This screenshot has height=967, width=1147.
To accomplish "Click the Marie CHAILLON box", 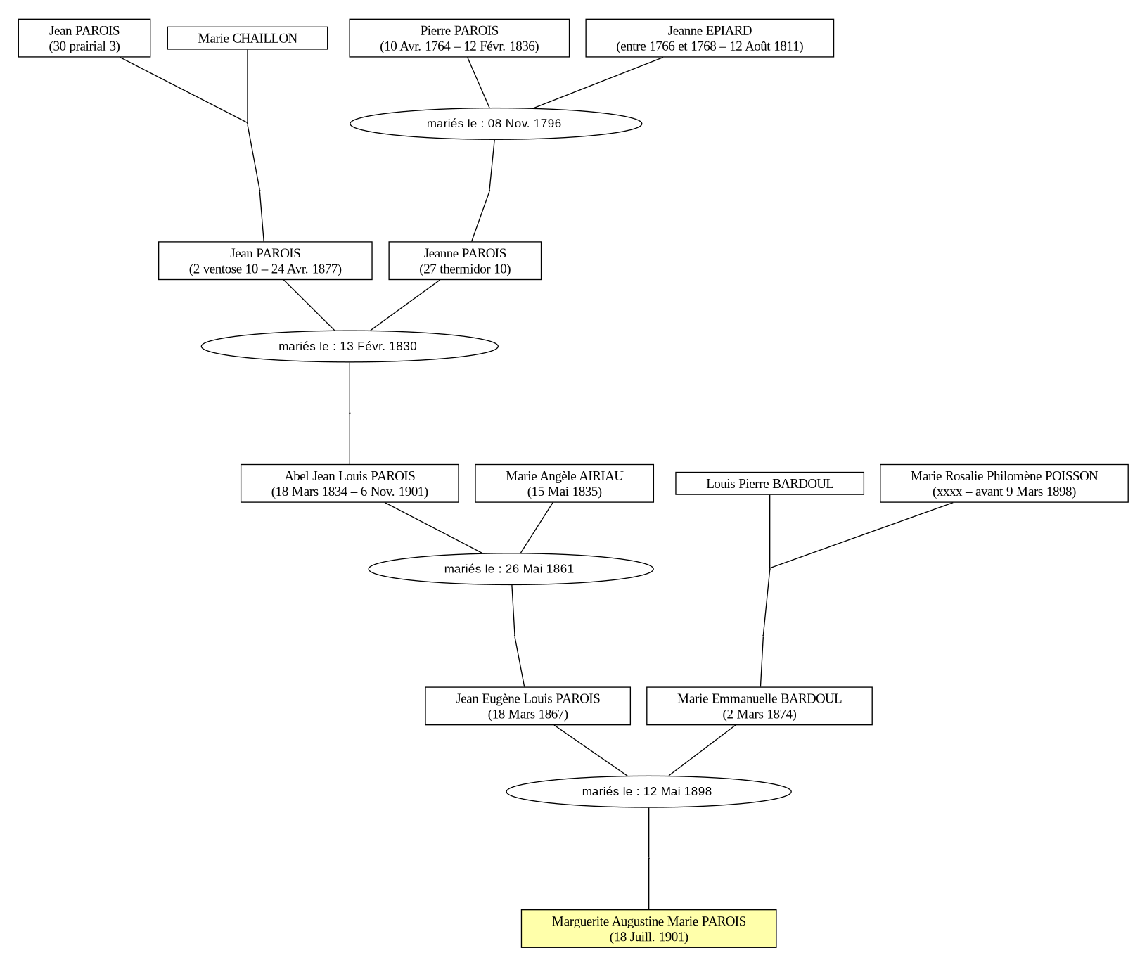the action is (248, 38).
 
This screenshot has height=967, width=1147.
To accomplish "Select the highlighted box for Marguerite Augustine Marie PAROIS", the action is (648, 928).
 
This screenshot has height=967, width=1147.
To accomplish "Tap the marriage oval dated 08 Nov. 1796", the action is (496, 124).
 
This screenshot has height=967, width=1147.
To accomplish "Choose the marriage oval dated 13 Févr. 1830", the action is (350, 346).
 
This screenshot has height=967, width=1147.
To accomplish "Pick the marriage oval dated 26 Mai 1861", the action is (511, 569).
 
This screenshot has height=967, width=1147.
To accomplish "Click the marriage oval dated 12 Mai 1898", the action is (648, 791).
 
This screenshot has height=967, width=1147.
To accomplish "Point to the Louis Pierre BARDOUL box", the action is (769, 483).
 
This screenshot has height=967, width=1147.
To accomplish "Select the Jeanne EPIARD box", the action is (710, 38).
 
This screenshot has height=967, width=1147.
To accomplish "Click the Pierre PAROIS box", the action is (459, 38).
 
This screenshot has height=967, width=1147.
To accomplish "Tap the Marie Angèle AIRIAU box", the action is (564, 483).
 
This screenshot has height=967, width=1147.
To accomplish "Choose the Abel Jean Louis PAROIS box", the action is (350, 483).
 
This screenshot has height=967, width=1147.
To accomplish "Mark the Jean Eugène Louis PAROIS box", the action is (527, 706).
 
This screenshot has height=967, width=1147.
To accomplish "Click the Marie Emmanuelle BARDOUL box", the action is (760, 706).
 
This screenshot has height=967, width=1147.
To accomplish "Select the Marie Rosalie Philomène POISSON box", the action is (1004, 483).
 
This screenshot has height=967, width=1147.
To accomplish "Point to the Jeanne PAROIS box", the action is (465, 261).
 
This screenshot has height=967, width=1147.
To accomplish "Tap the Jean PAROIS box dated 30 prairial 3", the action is (84, 38).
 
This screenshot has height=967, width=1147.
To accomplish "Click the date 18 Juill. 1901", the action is (649, 937).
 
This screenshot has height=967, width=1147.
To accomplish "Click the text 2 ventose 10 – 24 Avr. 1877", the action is (265, 269).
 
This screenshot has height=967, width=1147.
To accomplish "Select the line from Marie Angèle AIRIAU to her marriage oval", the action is (537, 528).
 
